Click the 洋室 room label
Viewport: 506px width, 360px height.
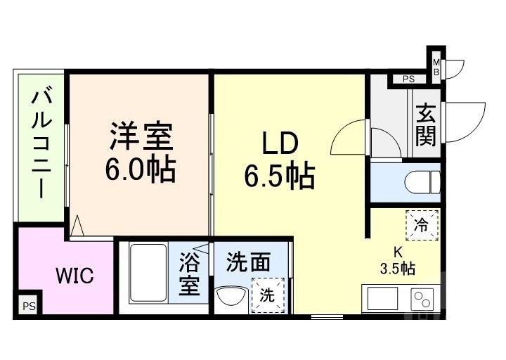click(141, 136)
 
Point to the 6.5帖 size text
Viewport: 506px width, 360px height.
click(279, 176)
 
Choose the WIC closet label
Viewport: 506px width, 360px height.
click(74, 275)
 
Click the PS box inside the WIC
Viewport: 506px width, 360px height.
click(28, 307)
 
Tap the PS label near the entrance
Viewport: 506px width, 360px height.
click(408, 79)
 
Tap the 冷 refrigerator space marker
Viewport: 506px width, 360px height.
click(422, 226)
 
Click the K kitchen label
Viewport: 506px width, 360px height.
click(397, 252)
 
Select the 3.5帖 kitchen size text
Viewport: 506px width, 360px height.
click(397, 268)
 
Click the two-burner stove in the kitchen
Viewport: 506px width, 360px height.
click(424, 300)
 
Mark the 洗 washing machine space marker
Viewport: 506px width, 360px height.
click(268, 295)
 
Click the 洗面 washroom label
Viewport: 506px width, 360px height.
click(248, 262)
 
